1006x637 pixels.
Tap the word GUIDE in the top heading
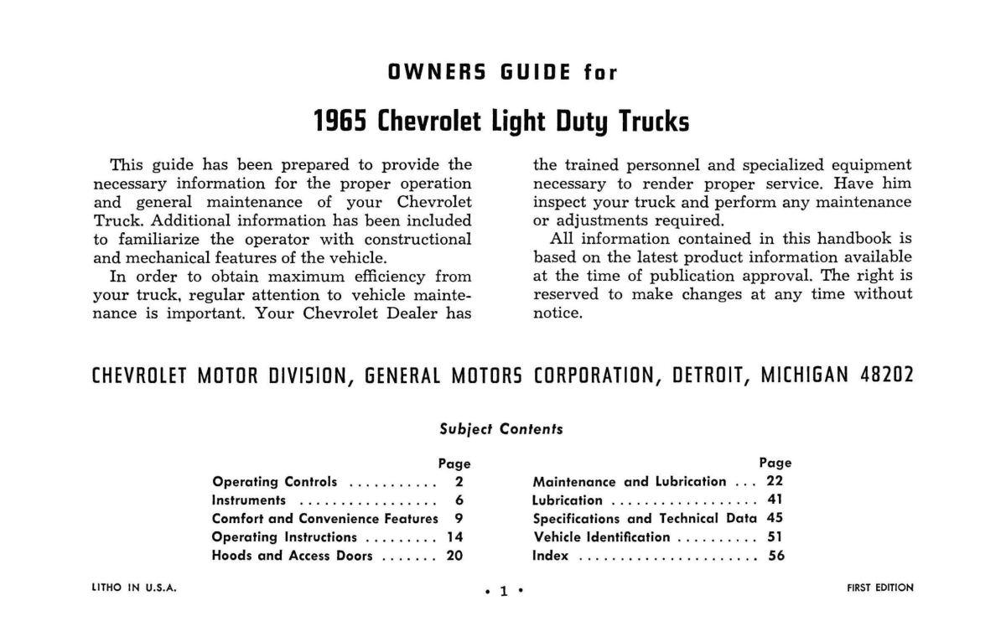tap(534, 72)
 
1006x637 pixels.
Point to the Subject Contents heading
tap(501, 429)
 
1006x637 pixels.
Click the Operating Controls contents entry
tap(275, 482)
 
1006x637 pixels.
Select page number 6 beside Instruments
tap(459, 500)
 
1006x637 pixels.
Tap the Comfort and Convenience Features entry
tap(324, 519)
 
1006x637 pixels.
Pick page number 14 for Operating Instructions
tap(455, 537)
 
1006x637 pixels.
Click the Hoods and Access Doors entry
tap(293, 556)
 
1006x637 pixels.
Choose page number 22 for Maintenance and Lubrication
tap(775, 482)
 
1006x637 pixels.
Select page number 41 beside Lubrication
tap(775, 500)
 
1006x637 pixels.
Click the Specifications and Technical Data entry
tap(644, 519)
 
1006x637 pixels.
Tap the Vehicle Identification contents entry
tap(601, 537)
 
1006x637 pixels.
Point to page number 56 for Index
tap(775, 556)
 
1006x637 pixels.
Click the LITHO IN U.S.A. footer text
tap(133, 588)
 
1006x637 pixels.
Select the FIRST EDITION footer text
tap(880, 588)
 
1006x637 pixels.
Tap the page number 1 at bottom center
tap(504, 591)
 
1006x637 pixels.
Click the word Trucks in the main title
tap(654, 122)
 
